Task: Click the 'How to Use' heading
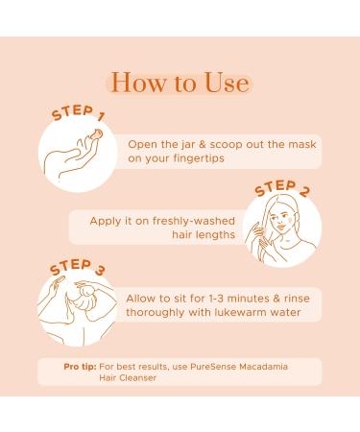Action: (180, 82)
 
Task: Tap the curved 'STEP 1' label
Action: (79, 119)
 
